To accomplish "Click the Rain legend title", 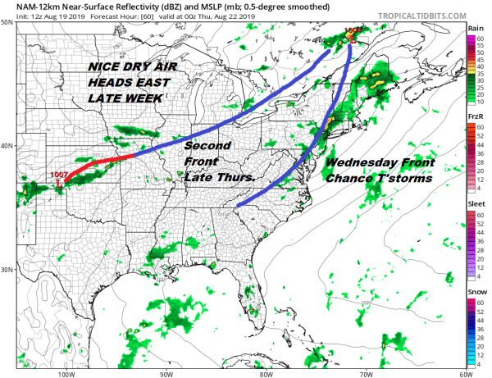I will pyautogui.click(x=474, y=28).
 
